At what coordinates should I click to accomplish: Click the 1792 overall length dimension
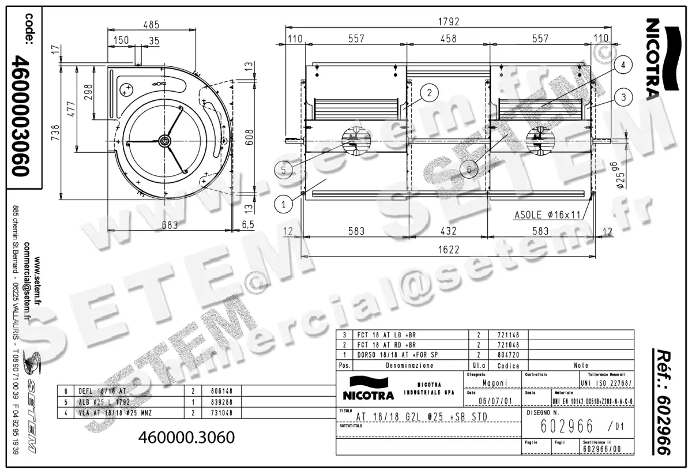click(448, 21)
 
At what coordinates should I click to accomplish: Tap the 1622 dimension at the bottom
click(448, 250)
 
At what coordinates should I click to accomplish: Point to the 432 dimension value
click(448, 231)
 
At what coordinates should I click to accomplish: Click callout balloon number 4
click(622, 66)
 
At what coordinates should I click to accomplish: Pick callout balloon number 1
click(284, 203)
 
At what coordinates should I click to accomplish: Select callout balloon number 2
click(429, 91)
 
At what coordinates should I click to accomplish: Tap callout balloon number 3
click(622, 98)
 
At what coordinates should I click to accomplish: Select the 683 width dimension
click(170, 225)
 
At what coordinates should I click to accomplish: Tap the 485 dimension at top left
click(151, 25)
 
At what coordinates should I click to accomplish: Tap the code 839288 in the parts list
click(212, 401)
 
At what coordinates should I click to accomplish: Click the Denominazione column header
click(411, 366)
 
